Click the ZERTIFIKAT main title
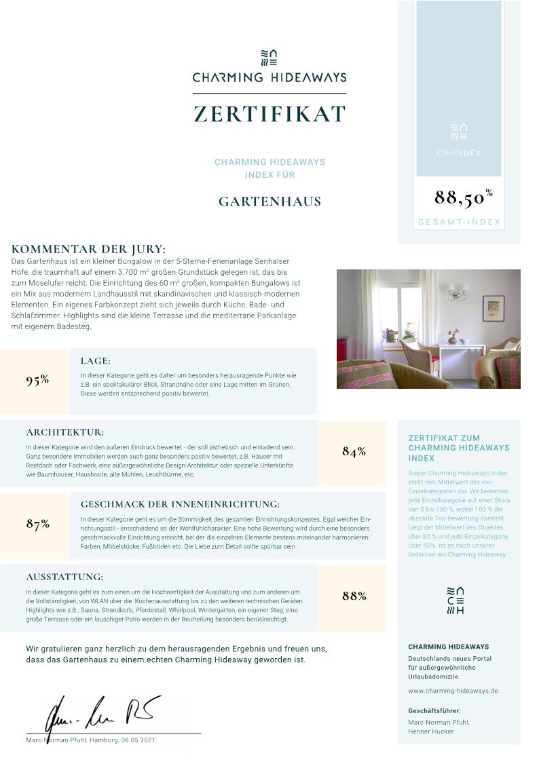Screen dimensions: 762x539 269,114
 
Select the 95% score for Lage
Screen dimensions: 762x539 37,380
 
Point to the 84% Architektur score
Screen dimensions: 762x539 354,452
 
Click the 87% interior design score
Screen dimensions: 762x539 37,524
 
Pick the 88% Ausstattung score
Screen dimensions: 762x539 354,596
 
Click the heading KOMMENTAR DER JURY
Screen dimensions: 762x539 88,249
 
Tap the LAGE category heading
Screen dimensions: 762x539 95,361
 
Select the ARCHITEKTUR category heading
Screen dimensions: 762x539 65,432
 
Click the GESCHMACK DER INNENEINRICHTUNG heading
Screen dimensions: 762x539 180,504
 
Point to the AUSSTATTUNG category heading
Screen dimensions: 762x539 64,577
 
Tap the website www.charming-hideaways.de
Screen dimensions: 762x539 453,691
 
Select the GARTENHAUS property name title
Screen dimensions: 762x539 269,202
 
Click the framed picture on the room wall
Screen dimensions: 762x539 494,308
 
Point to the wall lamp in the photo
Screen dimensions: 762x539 457,292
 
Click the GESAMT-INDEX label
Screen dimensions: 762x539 459,223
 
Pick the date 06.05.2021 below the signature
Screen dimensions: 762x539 138,740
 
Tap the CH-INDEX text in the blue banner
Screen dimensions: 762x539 459,153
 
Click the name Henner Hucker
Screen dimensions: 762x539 430,731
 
